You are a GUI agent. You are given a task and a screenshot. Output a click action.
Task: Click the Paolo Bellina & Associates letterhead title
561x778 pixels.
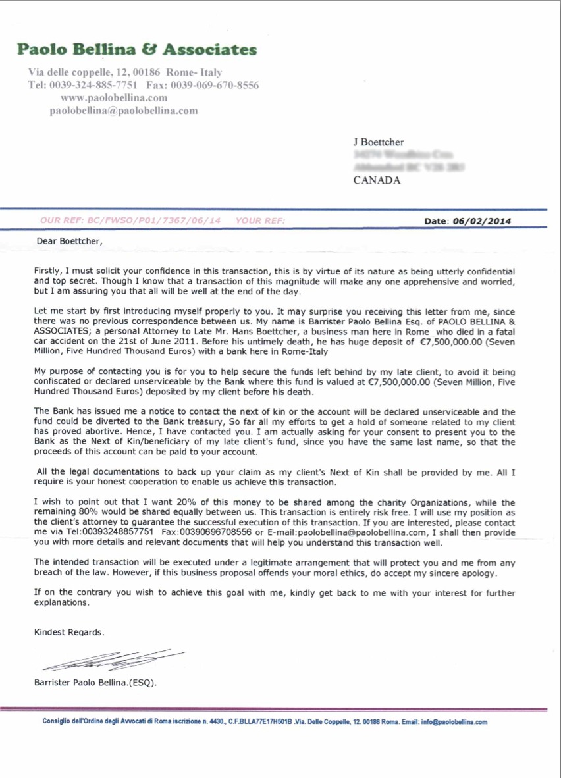137,49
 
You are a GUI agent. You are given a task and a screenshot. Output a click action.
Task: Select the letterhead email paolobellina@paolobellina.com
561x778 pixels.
124,110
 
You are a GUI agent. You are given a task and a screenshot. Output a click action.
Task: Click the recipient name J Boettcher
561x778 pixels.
379,142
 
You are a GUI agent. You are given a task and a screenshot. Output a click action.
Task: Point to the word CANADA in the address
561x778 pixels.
377,181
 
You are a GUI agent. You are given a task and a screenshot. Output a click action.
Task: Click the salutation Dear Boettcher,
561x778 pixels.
70,241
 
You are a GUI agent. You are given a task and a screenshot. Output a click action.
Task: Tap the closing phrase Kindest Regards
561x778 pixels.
68,632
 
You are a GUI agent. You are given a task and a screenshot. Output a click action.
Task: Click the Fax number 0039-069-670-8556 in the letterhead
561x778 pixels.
214,85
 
